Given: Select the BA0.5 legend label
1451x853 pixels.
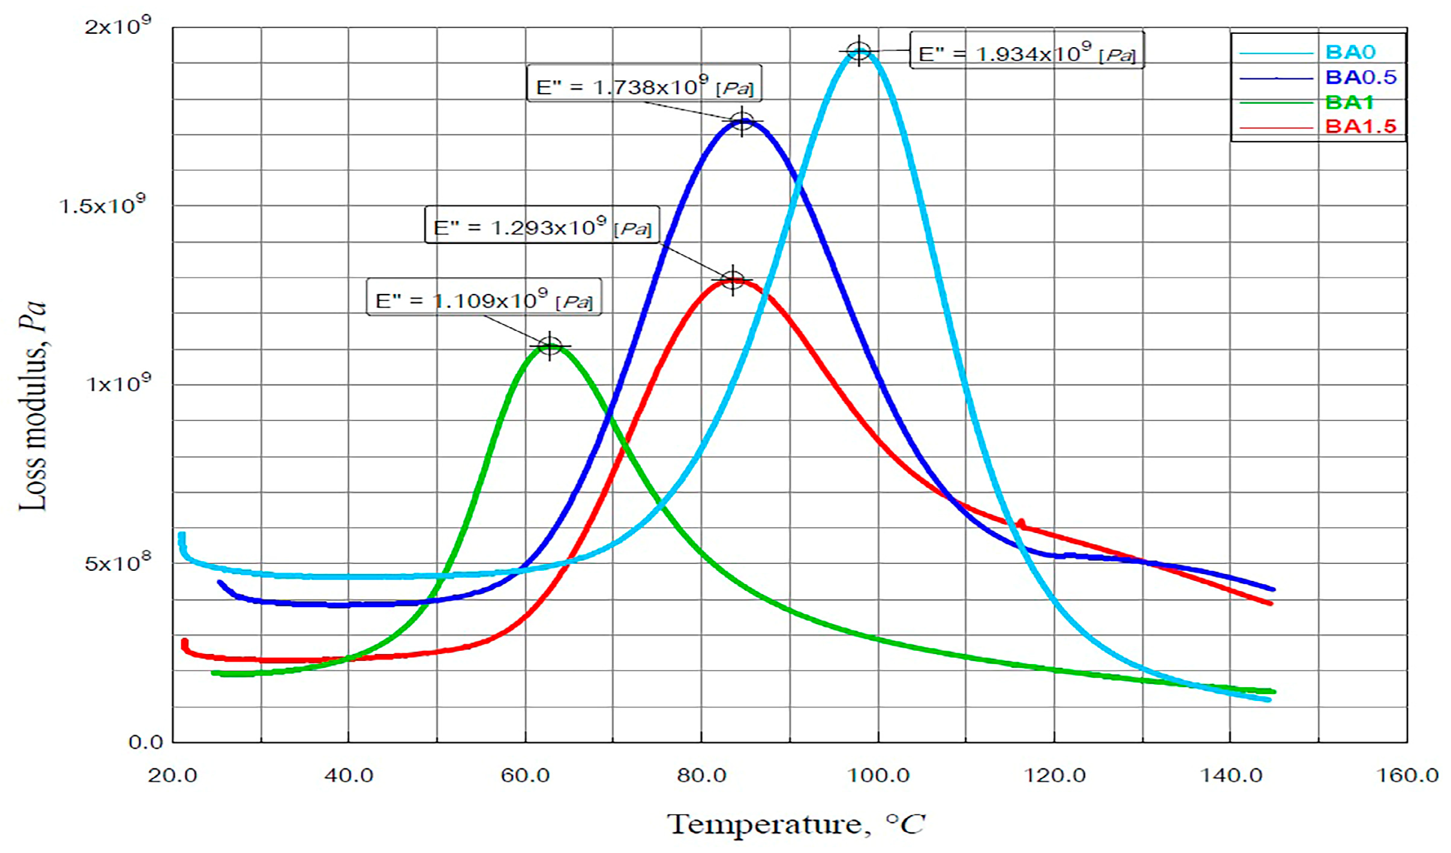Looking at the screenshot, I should (x=1360, y=77).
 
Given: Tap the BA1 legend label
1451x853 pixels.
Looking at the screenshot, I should (x=1348, y=103).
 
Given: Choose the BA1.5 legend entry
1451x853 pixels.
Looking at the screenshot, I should (x=1360, y=126).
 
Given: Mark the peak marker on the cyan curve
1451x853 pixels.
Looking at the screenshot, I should (x=858, y=52).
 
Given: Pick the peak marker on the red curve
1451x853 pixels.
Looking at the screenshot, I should (x=732, y=281).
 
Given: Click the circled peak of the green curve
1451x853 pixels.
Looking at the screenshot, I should (x=550, y=346).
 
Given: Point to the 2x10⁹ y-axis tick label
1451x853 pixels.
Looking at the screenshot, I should (x=118, y=26).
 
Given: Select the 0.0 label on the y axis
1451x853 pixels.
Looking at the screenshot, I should (x=146, y=742).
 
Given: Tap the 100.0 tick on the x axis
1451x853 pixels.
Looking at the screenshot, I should (x=878, y=775).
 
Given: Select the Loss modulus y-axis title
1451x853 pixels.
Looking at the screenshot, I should (x=32, y=406).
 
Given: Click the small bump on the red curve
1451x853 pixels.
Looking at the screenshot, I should (x=1021, y=523).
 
